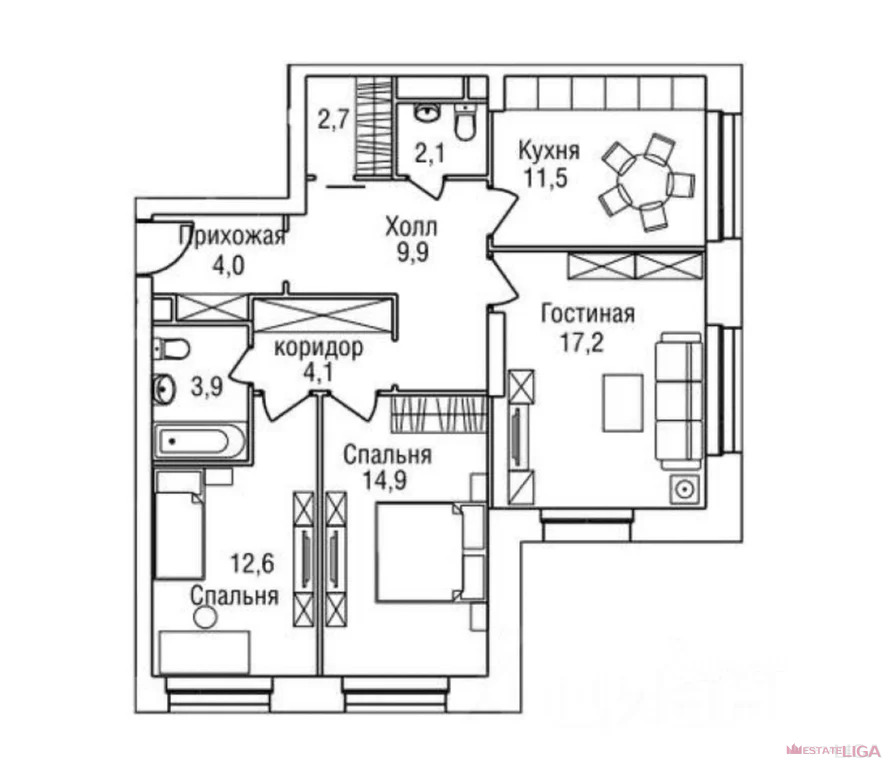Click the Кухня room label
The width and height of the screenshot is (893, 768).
549,151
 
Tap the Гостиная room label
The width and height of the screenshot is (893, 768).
588,314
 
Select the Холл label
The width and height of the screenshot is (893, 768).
411,227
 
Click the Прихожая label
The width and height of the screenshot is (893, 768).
232,236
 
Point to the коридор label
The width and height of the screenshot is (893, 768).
318,347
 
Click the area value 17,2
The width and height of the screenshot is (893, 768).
581,343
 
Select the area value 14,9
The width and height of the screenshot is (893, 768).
385,481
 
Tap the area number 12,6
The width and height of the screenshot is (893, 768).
252,564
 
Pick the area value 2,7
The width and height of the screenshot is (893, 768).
333,120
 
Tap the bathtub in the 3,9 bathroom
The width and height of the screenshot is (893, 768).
200,441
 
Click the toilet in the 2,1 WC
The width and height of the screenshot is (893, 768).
465,122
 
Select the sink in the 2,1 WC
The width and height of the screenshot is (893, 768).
427,112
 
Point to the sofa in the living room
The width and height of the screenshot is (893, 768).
678,401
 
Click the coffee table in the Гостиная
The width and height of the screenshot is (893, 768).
623,403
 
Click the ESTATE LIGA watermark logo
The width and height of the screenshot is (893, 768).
833,750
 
